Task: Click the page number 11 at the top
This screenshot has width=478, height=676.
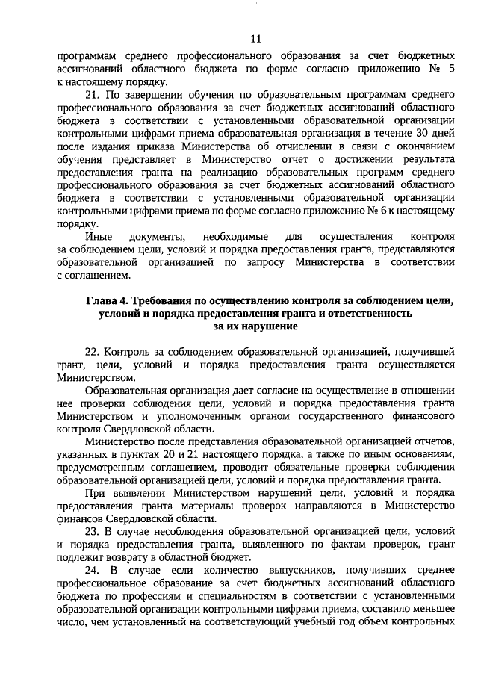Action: click(x=255, y=39)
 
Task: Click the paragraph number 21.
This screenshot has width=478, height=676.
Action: click(x=92, y=96)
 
